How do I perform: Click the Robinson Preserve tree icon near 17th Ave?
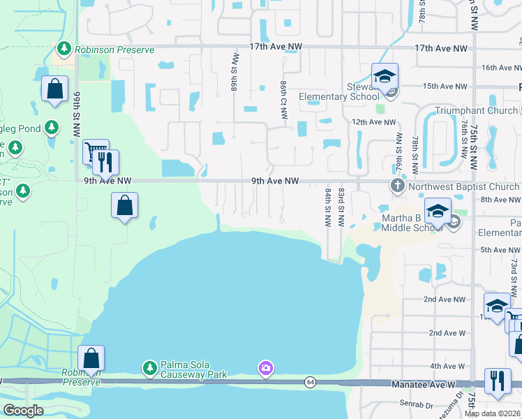click(64, 49)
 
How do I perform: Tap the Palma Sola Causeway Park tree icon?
click(149, 367)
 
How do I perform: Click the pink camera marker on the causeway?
click(265, 367)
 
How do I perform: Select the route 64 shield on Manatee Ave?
click(309, 382)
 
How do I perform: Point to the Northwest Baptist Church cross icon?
click(398, 186)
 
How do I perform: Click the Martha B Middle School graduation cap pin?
click(438, 211)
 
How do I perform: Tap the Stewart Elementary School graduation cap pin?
click(384, 76)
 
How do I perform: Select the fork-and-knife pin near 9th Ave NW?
click(106, 162)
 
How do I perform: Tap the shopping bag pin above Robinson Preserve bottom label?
click(91, 358)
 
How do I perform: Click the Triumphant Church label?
click(477, 110)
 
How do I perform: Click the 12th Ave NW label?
click(368, 122)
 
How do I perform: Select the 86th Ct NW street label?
click(284, 99)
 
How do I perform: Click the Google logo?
click(23, 411)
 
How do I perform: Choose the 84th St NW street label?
click(327, 207)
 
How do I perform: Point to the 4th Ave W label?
click(447, 366)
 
